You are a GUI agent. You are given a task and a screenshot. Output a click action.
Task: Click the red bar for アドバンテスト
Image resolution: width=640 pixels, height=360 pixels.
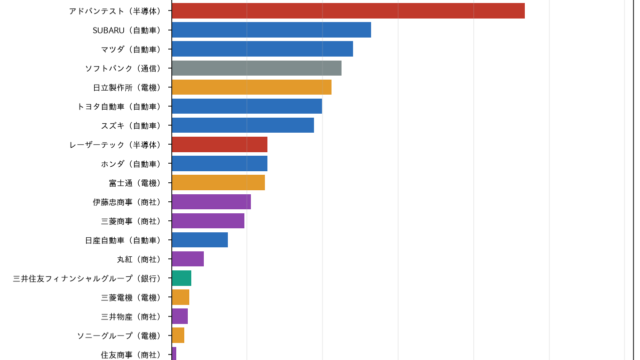click(348, 11)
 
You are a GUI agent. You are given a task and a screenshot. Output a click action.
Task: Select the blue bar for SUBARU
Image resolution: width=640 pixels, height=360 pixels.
click(271, 30)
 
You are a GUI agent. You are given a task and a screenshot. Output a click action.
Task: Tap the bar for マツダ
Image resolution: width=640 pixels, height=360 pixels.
click(262, 49)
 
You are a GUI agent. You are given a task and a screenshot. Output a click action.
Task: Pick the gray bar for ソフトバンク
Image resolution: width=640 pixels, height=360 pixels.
click(257, 68)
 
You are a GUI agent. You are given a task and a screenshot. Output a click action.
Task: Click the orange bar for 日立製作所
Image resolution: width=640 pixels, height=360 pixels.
click(251, 87)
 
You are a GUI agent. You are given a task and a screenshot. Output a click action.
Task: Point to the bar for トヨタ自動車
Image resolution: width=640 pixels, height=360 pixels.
click(247, 106)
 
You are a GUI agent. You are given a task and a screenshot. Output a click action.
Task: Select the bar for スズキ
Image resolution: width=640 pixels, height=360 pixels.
click(243, 125)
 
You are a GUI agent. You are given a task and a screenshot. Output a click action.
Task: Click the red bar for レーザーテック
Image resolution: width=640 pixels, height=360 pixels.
click(220, 144)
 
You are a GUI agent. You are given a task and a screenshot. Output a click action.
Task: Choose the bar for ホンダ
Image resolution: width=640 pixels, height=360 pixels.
click(220, 164)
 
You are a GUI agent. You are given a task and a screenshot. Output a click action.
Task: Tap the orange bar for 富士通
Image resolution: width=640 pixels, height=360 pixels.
click(218, 182)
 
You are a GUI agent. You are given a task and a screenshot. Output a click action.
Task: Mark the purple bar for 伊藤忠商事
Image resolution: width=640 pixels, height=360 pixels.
click(211, 202)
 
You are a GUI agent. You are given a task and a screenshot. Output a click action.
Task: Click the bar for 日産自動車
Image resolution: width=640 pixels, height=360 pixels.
click(200, 240)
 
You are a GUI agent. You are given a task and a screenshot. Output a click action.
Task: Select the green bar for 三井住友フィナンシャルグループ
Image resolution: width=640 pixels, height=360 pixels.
click(182, 278)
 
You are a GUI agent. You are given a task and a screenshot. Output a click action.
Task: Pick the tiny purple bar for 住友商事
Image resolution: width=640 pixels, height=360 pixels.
click(174, 354)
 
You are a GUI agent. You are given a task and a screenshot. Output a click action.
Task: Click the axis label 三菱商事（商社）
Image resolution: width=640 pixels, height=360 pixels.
click(131, 221)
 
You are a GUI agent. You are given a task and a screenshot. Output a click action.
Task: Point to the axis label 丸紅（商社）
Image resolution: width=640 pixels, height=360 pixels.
click(139, 259)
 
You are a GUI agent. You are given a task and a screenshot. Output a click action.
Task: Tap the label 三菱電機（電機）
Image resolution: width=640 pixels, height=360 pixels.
click(131, 298)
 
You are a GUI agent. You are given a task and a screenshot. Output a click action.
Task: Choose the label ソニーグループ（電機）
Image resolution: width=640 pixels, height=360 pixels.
click(120, 336)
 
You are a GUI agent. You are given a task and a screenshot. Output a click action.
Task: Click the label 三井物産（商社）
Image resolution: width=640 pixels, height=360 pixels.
click(131, 317)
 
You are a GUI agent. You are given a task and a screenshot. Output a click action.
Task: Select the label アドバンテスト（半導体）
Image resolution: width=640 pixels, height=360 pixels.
click(116, 11)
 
